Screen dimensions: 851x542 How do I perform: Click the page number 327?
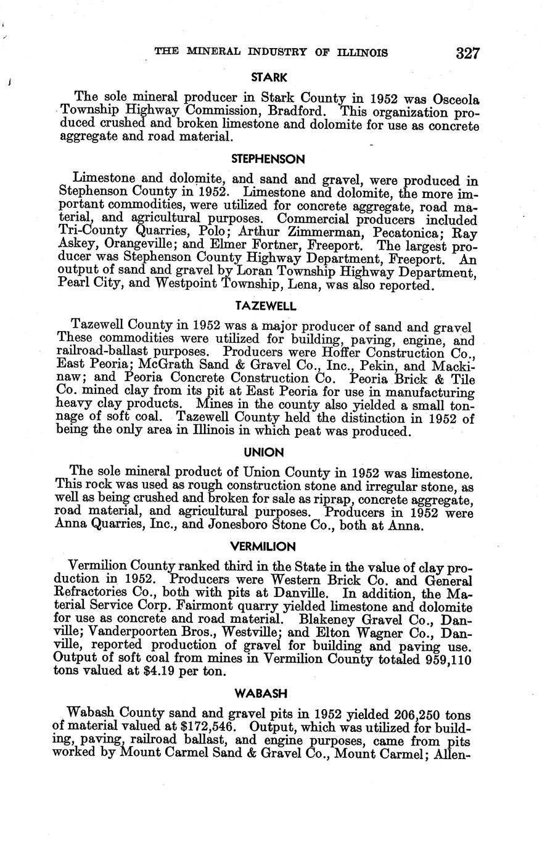[468, 53]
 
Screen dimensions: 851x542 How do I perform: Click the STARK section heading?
[269, 78]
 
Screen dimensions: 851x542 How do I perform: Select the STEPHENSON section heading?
[268, 159]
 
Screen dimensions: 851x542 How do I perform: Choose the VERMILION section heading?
[263, 546]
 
